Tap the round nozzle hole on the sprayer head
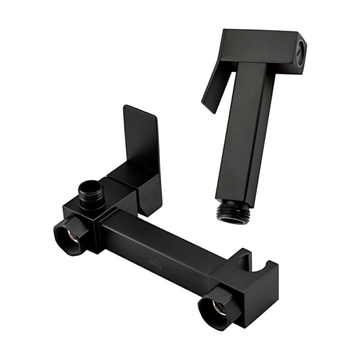click(x=301, y=49)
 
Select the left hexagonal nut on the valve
click(x=71, y=236)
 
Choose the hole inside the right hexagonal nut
click(x=216, y=309)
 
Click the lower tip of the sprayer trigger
click(x=208, y=110)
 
